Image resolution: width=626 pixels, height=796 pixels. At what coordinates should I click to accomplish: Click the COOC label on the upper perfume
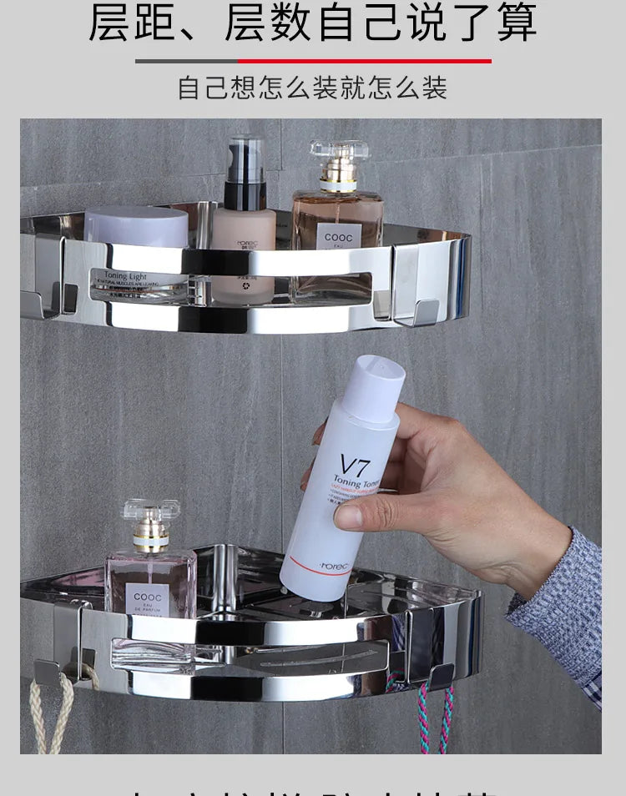coord(339,238)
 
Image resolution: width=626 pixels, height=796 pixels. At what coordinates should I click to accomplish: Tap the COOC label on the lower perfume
coord(148,597)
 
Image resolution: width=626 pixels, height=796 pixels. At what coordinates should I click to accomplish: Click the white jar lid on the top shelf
coord(137,226)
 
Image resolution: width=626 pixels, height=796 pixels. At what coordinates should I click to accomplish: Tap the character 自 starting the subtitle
coord(190,88)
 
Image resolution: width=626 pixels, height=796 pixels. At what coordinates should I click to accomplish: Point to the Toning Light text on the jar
coord(126,275)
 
